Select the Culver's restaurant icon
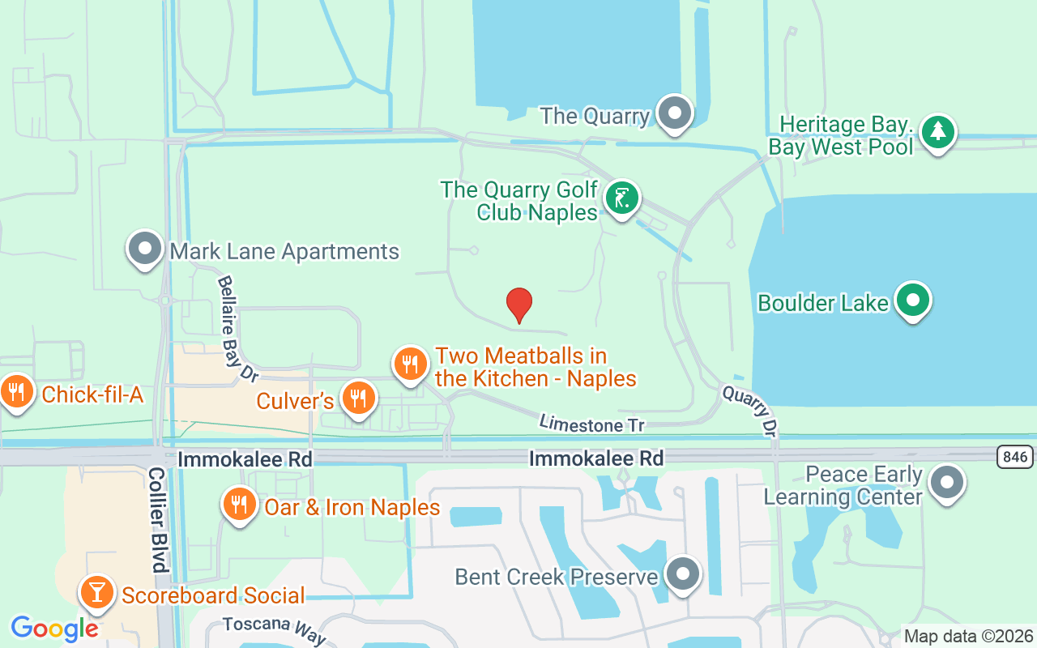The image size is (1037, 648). [x=356, y=398]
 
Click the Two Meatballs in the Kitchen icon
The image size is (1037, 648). [x=411, y=364]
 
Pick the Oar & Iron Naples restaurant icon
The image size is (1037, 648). [x=239, y=505]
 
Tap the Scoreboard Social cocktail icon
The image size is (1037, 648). [x=97, y=594]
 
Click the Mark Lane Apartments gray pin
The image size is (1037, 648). [x=146, y=249]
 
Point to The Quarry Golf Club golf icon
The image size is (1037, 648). [x=621, y=198]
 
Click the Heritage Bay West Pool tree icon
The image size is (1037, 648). [x=937, y=131]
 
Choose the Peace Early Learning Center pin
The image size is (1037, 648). [x=947, y=483]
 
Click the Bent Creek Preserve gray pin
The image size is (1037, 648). [x=682, y=574]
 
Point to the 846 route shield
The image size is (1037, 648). [x=1014, y=458]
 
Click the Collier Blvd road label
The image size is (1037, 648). [x=157, y=519]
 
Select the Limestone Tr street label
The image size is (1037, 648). [x=592, y=424]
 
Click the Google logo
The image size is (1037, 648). [x=54, y=629]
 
